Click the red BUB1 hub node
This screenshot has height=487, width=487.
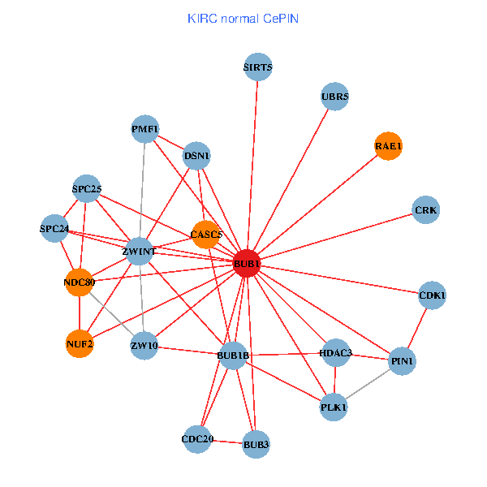point(247,264)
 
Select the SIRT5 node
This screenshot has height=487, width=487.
point(258,67)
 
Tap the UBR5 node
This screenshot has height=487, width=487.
point(334,97)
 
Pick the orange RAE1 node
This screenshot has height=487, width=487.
point(388,146)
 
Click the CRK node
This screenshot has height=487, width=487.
point(425,210)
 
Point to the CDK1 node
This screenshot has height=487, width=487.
point(432,295)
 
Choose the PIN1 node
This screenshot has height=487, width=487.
point(402,360)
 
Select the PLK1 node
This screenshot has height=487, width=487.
point(334,407)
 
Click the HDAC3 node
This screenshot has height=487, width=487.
point(335,353)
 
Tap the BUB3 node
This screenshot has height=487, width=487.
point(256,444)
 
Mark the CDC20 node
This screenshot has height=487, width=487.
point(197,439)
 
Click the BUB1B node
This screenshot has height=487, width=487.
point(233,356)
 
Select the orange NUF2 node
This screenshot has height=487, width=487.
point(80,344)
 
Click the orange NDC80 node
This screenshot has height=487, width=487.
point(79,282)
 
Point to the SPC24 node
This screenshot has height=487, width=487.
point(54,228)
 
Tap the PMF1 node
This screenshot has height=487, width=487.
point(145,129)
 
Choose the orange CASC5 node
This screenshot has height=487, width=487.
point(206,235)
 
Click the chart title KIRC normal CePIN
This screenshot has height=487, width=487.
point(243,18)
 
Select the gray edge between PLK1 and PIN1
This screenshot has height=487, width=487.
point(368,384)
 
